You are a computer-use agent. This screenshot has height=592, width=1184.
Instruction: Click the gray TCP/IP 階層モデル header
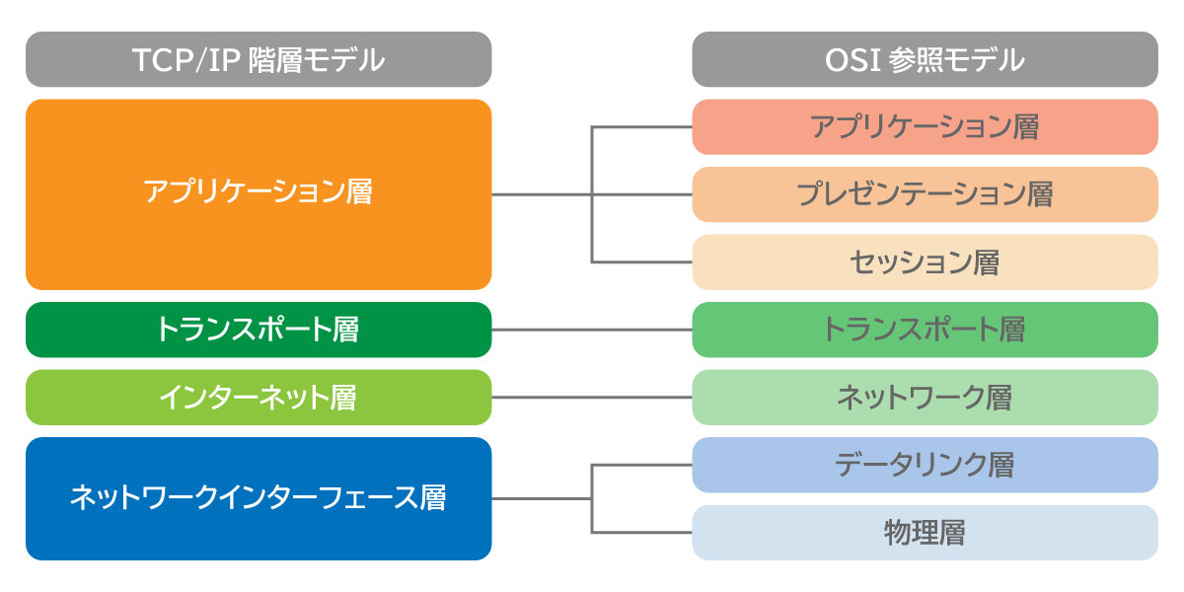(x=259, y=60)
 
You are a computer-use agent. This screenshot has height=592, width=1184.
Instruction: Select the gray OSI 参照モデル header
(x=925, y=60)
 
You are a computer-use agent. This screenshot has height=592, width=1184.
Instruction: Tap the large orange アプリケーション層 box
(x=259, y=193)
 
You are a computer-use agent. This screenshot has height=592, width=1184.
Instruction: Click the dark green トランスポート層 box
(x=259, y=330)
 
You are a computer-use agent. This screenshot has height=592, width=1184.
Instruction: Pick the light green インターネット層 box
(x=259, y=398)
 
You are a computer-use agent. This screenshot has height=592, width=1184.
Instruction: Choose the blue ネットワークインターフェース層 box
(x=259, y=498)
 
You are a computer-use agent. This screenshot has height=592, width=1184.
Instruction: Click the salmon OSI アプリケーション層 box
(x=925, y=127)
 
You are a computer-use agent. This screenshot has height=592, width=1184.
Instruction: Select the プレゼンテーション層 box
(x=925, y=194)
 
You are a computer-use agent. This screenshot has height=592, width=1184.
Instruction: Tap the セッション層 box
(x=925, y=261)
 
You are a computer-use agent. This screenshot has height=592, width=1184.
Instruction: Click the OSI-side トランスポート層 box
(x=925, y=330)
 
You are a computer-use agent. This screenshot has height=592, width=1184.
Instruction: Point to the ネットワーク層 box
(x=925, y=398)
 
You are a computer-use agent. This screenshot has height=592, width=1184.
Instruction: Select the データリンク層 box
(x=925, y=465)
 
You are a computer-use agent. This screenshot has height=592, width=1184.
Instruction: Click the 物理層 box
(x=925, y=533)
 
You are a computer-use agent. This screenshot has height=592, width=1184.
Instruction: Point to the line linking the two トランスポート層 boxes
(x=592, y=330)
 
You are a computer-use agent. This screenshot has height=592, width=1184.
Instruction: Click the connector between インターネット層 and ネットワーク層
(x=592, y=398)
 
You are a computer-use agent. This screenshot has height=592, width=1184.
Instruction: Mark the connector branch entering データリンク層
(x=641, y=465)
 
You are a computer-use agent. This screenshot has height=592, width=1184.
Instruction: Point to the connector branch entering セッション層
(x=641, y=261)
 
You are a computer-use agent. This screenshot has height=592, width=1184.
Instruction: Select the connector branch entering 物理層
(x=641, y=533)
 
